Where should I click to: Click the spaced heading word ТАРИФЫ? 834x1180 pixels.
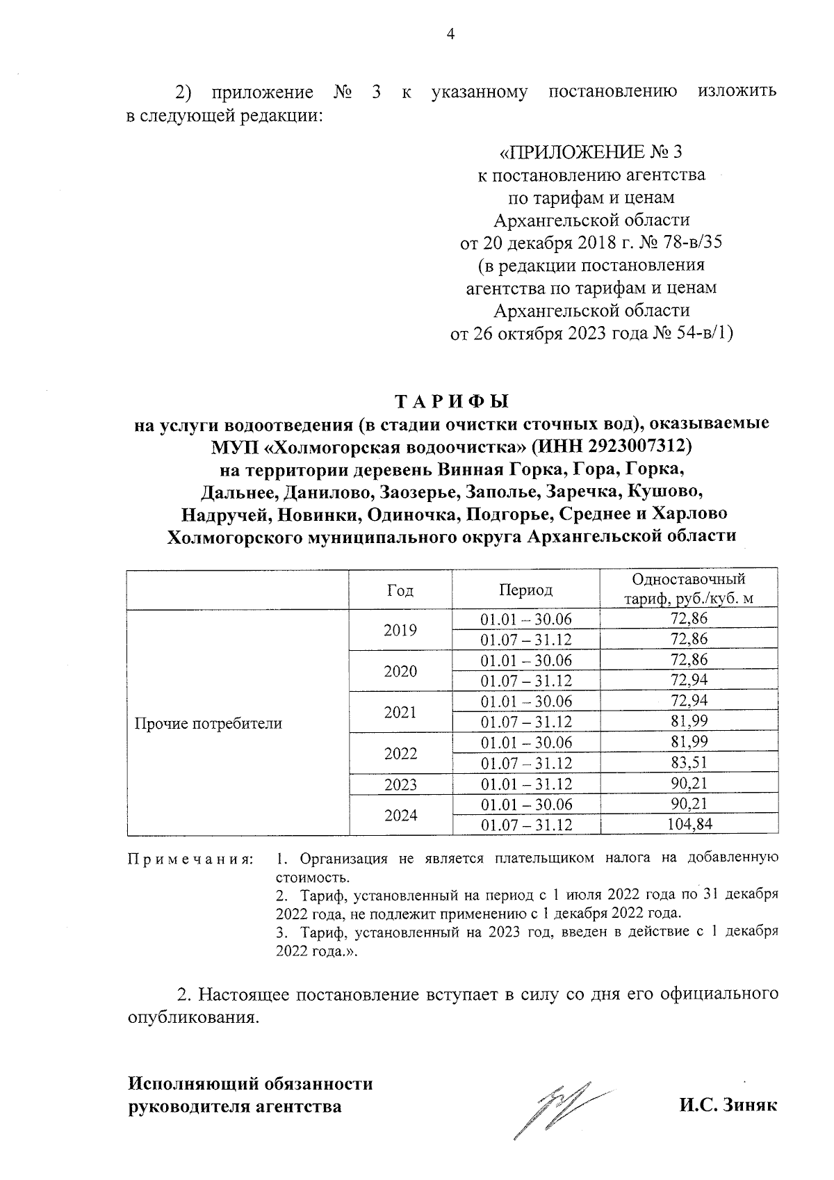pos(452,402)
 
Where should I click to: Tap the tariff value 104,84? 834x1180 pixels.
pos(689,825)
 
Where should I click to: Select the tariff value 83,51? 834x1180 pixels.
pos(689,763)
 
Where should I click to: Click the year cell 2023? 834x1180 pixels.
pos(400,784)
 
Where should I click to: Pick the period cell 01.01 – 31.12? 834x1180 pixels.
pos(526,784)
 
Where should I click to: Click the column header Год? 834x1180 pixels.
pos(400,590)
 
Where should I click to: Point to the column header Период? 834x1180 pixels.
pos(526,590)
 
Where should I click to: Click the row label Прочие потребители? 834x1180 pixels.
pos(208,723)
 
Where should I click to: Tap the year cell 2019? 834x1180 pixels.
pos(400,630)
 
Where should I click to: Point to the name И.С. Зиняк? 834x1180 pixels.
pos(728,1105)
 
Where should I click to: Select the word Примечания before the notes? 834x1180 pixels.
pos(189,859)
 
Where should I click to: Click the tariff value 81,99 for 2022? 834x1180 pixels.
pos(689,742)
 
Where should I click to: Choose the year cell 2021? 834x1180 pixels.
pos(400,712)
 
